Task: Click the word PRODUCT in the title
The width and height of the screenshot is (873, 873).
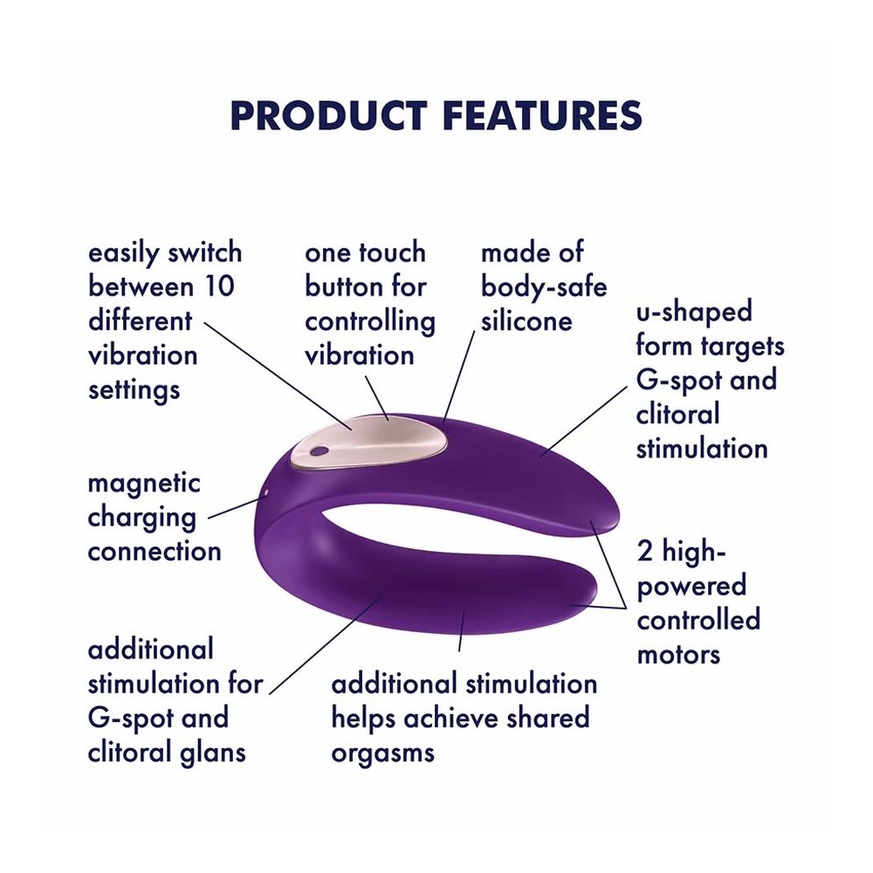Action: click(x=328, y=116)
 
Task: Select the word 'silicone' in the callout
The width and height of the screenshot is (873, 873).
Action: click(x=526, y=321)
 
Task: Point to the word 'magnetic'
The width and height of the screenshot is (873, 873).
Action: click(x=144, y=484)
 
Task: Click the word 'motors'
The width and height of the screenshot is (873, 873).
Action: click(x=678, y=655)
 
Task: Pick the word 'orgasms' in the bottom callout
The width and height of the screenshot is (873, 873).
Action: click(x=382, y=753)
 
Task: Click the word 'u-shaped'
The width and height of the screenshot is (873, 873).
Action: click(x=694, y=312)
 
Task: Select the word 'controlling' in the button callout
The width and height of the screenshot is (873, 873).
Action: click(x=369, y=322)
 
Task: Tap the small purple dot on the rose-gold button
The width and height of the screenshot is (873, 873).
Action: click(x=318, y=451)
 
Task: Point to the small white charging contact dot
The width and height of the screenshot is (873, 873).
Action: click(x=266, y=491)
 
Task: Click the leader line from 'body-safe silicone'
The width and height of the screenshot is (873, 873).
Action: click(x=459, y=375)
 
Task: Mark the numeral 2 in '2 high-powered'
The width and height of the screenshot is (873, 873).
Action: click(x=645, y=552)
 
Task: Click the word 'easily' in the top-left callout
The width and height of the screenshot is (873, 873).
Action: click(x=124, y=254)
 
